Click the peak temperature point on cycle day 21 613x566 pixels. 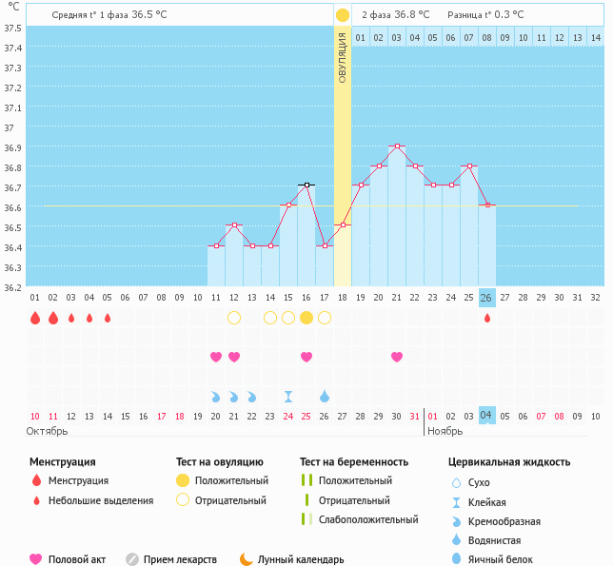tap(397, 146)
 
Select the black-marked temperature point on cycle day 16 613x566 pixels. tap(306, 185)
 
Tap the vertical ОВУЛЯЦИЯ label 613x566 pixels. tap(343, 57)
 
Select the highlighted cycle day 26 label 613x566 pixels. tap(486, 298)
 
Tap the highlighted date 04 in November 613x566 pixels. tap(486, 416)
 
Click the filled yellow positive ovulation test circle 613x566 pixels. tap(306, 318)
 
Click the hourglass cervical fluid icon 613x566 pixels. tap(288, 396)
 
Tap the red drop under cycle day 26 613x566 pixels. tap(487, 318)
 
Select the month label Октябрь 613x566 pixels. tap(48, 431)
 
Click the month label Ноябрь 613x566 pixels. tap(445, 431)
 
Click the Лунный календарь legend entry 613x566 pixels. tap(290, 559)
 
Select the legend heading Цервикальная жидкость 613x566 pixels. tap(509, 462)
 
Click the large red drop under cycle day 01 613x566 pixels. tap(35, 318)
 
